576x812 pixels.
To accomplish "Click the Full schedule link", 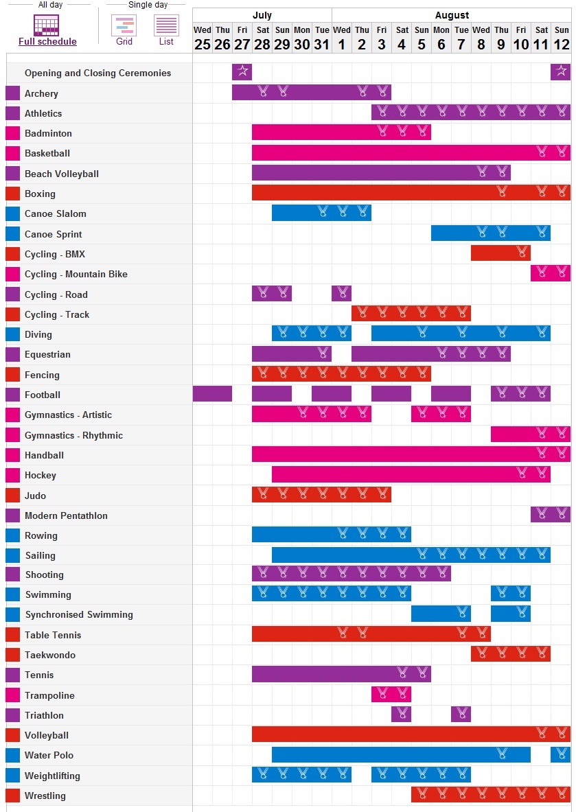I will (x=47, y=41).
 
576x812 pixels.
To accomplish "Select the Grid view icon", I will (x=124, y=26).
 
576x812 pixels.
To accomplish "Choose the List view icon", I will (x=166, y=26).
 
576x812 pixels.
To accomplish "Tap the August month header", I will (x=452, y=15).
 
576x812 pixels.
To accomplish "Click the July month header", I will (x=262, y=15).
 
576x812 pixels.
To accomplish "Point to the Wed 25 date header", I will (x=203, y=38).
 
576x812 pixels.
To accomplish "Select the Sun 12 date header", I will (x=562, y=38).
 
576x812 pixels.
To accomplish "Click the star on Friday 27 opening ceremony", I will (x=242, y=71).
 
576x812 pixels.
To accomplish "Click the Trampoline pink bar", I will (x=391, y=695).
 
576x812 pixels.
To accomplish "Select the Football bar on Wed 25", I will (x=212, y=394).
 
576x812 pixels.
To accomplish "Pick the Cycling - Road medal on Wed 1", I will (x=341, y=294).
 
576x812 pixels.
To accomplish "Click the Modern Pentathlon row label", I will (x=66, y=515).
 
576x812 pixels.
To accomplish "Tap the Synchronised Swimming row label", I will (x=79, y=614).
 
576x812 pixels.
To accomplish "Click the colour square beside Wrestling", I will (x=12, y=796).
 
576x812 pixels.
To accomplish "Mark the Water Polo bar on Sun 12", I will (x=561, y=754).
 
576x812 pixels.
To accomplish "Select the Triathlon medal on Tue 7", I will (x=461, y=715).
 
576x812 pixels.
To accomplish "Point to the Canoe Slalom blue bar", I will (x=321, y=213).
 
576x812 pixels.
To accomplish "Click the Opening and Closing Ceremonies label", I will (x=97, y=73).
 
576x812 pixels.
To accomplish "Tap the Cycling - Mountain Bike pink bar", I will (x=551, y=273).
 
